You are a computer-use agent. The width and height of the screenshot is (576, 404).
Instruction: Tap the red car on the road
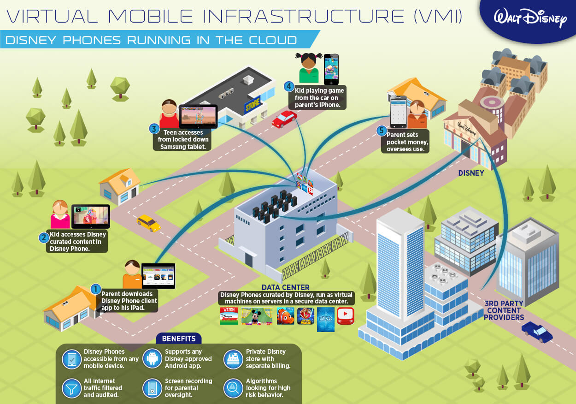[284, 119]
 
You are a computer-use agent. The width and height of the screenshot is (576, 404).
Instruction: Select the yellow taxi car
[148, 223]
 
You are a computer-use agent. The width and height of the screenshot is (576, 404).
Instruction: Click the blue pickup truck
[537, 332]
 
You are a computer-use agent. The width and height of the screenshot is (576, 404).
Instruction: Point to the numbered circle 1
[95, 289]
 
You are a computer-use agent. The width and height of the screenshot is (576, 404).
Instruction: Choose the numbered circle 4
[289, 86]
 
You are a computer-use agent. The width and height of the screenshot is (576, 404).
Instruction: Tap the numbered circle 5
[381, 131]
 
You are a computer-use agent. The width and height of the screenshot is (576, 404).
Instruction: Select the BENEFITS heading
[179, 339]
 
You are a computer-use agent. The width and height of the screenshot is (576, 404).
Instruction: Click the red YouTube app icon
[345, 315]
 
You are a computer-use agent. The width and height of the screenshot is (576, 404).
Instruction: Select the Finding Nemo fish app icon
[285, 316]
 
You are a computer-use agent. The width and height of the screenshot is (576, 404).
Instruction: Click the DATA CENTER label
[285, 288]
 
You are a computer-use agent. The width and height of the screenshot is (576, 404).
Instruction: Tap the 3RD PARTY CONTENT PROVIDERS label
[504, 310]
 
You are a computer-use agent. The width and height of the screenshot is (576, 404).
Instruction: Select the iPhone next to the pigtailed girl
[331, 69]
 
